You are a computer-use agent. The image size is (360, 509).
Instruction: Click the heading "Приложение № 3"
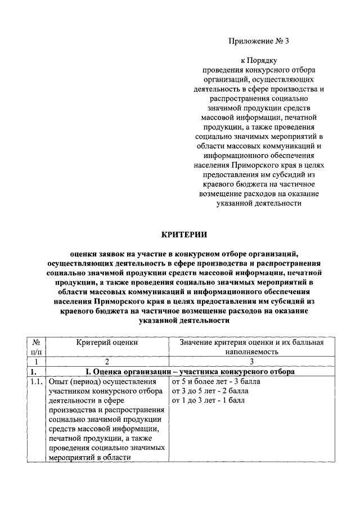(259, 41)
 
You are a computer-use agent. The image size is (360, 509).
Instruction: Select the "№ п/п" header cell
(36, 346)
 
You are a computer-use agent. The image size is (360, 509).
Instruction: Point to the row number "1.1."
(37, 381)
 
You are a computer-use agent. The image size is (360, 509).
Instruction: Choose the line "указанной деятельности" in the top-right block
(259, 204)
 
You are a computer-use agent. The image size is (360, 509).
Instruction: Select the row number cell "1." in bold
(34, 371)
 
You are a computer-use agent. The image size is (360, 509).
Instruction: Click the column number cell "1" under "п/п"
(36, 362)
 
